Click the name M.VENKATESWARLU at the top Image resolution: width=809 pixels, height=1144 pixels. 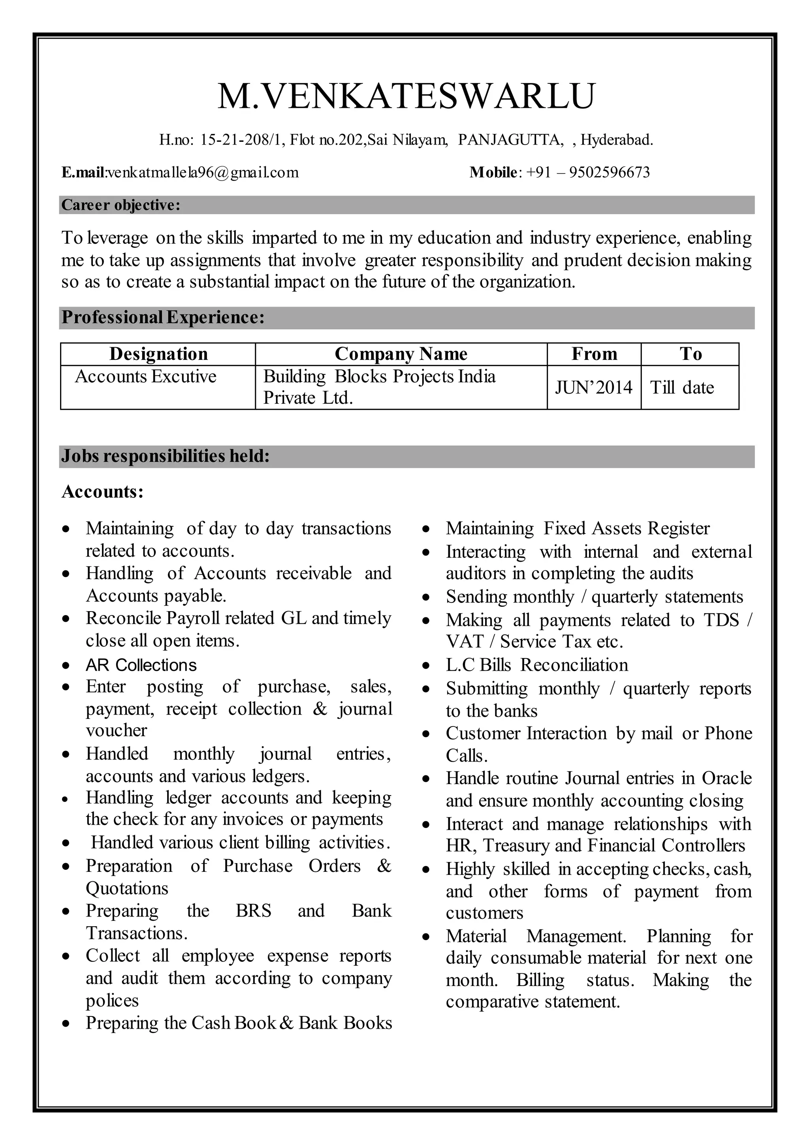tap(406, 96)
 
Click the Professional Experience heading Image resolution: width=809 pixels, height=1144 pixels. tap(163, 317)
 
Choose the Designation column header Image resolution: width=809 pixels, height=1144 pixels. tap(158, 354)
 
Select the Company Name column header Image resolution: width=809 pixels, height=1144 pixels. tap(401, 354)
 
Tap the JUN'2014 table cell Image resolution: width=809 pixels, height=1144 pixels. tap(593, 387)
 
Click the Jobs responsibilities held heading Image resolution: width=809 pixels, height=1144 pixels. tap(166, 456)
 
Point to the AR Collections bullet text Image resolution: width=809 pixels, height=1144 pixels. tap(141, 665)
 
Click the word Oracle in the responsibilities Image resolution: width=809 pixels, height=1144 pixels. tap(726, 778)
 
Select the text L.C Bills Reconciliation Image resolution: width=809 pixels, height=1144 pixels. tap(536, 665)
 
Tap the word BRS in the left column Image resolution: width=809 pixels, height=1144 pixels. tap(253, 911)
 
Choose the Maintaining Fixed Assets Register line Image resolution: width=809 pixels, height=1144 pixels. tap(578, 528)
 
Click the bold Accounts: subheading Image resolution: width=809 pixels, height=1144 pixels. tap(103, 492)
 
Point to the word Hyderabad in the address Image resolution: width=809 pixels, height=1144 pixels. tap(616, 140)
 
